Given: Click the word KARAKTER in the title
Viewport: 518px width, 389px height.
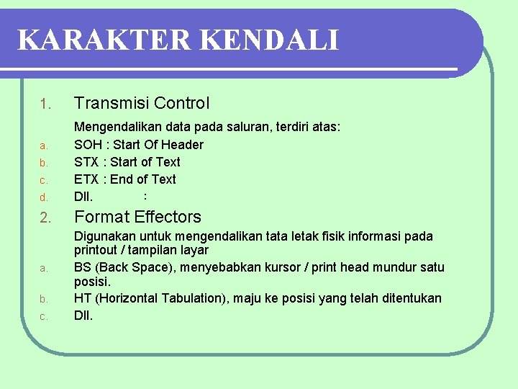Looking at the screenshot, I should (x=104, y=40).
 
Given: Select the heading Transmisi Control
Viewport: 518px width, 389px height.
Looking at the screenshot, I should (x=142, y=103).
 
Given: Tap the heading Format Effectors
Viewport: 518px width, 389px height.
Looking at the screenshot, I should (x=137, y=217).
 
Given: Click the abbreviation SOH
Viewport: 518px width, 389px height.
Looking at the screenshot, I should (x=87, y=145).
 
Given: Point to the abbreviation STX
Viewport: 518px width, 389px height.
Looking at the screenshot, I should (x=86, y=162).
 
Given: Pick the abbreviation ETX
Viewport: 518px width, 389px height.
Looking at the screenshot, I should (x=86, y=179).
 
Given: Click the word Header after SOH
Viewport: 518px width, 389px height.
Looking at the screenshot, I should (x=183, y=145).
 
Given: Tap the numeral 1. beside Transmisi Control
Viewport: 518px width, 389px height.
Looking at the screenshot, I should (x=45, y=105).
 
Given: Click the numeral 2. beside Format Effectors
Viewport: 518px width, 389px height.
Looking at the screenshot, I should (x=45, y=218).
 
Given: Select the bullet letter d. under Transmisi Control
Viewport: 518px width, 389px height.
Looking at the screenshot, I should (x=43, y=197).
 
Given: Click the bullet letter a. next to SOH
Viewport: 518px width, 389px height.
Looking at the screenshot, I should (x=43, y=146).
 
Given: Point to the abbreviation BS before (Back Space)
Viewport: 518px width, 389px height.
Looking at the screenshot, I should (x=83, y=267).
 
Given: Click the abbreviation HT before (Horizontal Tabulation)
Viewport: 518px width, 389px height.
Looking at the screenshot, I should (x=83, y=298).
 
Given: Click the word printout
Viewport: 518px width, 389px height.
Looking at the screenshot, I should (x=97, y=250).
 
